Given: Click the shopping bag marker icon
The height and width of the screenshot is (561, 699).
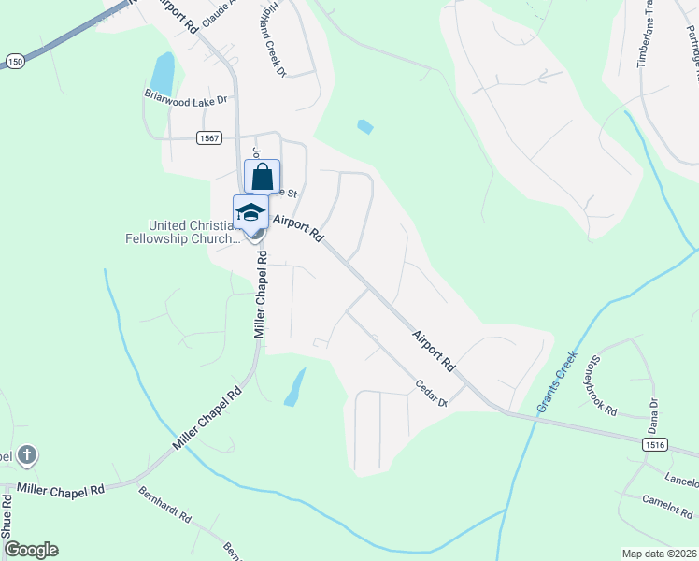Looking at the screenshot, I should pos(263,176).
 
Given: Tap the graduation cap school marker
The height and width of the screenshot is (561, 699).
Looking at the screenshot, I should pos(250,211).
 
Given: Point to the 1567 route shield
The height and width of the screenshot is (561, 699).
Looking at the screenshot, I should pos(208,138).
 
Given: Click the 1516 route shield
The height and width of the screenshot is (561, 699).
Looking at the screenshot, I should pos(655,447).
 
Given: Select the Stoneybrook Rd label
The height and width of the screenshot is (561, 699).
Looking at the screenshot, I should pos(599,384).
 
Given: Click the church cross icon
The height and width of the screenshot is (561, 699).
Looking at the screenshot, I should pos(27,455).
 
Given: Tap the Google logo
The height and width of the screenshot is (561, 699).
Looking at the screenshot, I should pos(31,550).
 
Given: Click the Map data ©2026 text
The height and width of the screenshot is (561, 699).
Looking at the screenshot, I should pos(660,554).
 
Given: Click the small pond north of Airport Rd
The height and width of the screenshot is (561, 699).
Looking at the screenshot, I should pos(364,126).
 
